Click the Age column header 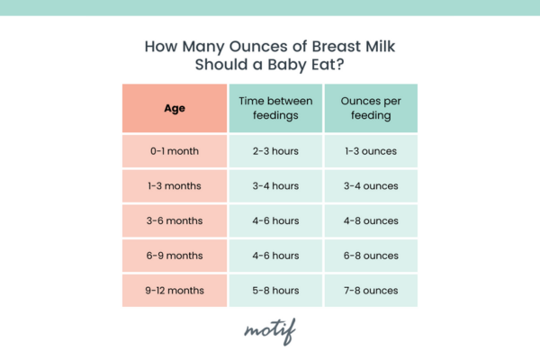coord(175,108)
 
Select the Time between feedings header coord(275,108)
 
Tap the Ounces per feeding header coord(371,108)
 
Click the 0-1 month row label coord(175,151)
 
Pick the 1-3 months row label coord(175,186)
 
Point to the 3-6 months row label coord(175,220)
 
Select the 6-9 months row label coord(175,256)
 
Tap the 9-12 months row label coord(175,291)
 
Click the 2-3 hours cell coord(275,151)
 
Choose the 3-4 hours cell coord(275,186)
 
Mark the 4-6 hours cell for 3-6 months coord(275,220)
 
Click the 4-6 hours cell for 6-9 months coord(275,256)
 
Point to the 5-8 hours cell coord(275,291)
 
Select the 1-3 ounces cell coord(371,151)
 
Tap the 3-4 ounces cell coord(371,186)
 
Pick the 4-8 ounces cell coord(371,220)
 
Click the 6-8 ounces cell coord(371,256)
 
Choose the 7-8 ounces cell coord(371,291)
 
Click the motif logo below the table coord(270,331)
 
